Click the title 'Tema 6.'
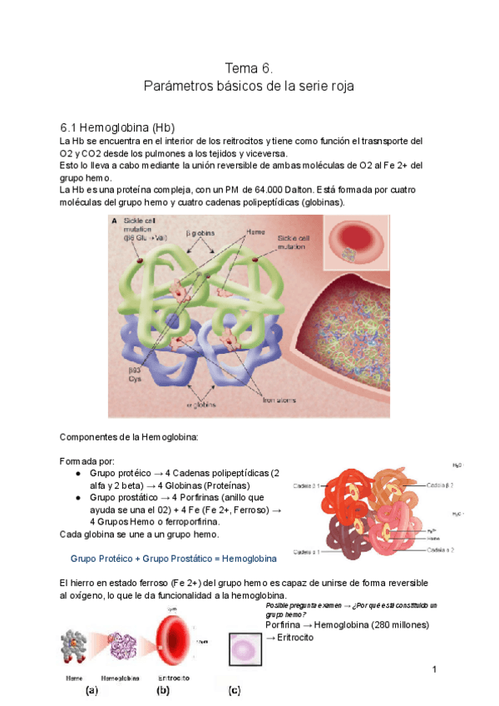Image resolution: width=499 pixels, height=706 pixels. point(249,67)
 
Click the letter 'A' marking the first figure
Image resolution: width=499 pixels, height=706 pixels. point(113,222)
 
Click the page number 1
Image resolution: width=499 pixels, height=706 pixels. point(434,670)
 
